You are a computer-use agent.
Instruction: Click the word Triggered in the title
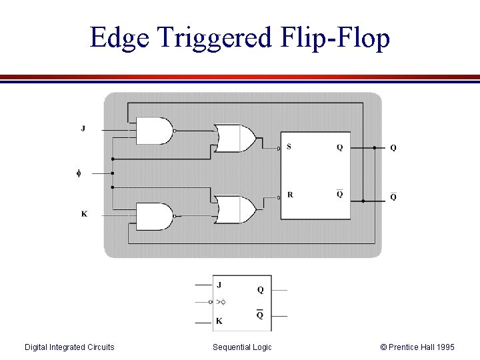[215, 38]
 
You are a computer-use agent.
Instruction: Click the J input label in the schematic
[83, 128]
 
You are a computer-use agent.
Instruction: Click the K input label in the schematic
[84, 214]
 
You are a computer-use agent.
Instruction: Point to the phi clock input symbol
[78, 173]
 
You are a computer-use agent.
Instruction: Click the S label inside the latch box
[289, 147]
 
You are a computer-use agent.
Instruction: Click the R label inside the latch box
[290, 195]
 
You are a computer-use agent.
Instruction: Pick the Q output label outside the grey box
[393, 148]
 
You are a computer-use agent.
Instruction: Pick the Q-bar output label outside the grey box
[393, 197]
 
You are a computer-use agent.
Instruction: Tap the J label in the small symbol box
[219, 285]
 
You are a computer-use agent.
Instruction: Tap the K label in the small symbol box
[219, 321]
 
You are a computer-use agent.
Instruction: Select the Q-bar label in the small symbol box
[260, 315]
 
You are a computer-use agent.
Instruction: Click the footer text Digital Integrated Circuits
[69, 347]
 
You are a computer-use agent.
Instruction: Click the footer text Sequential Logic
[242, 347]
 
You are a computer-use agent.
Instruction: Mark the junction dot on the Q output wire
[375, 147]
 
